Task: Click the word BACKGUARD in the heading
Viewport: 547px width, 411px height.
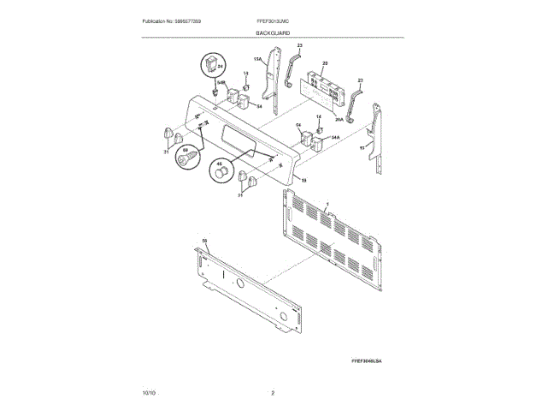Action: (273, 32)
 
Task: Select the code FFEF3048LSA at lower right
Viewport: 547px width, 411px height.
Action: (366, 362)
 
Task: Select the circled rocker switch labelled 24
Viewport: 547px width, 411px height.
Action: (211, 66)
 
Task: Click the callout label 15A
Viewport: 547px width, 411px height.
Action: (256, 59)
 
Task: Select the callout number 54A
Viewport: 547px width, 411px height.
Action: (335, 137)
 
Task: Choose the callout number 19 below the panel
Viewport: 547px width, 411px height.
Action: (303, 180)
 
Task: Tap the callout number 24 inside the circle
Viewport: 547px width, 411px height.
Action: (219, 66)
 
